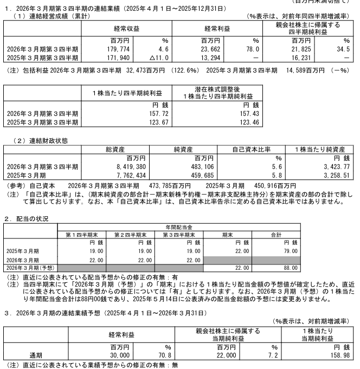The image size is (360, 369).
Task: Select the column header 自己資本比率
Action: click(x=253, y=148)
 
